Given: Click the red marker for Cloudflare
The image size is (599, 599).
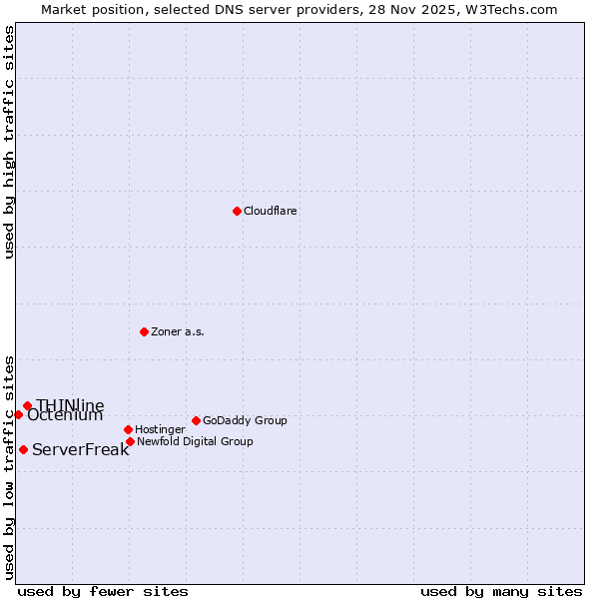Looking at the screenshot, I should (237, 211).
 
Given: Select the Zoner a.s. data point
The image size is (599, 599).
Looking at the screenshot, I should (144, 331).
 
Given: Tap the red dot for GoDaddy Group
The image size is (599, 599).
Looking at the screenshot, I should (196, 420).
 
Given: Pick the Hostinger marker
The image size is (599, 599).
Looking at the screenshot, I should (128, 429).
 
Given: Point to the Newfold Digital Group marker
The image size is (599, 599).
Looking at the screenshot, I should (130, 441).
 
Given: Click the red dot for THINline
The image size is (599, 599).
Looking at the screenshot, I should (27, 405).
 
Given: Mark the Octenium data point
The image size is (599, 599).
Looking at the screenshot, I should (18, 414).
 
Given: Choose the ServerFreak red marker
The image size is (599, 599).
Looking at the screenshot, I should (23, 449).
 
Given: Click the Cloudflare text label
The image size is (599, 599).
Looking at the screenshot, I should (271, 211).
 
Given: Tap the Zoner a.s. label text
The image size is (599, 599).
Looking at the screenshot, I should (178, 331).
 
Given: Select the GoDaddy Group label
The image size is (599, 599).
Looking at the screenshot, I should (245, 420).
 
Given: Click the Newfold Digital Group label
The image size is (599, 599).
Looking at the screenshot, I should (195, 441).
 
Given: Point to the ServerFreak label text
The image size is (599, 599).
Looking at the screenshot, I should (80, 449).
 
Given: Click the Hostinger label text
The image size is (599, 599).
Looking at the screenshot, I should (160, 429).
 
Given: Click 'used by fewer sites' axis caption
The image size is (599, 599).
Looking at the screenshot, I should (103, 591).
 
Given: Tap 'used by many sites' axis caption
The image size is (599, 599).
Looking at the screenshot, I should (501, 591).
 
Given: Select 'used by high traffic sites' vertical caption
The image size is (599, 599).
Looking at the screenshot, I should (9, 142).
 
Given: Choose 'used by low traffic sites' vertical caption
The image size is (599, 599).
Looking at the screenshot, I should (9, 467).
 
